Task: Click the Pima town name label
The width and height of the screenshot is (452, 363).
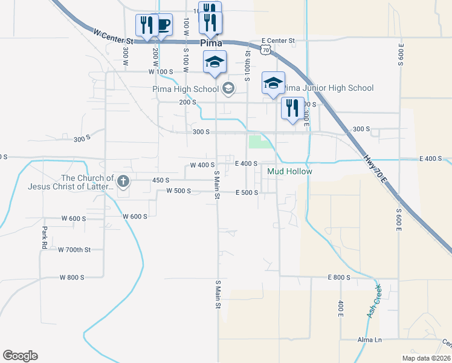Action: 211,44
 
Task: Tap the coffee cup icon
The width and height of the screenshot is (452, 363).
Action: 163,25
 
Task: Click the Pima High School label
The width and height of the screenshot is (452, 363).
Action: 185,90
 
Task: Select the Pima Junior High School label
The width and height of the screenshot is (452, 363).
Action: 329,88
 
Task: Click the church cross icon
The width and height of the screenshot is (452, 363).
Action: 123,180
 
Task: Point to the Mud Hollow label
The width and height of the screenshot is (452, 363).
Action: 290,172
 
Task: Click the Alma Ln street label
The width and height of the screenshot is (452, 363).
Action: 370,340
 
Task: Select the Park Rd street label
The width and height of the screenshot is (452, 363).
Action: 44,238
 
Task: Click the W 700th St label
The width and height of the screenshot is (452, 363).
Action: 74,249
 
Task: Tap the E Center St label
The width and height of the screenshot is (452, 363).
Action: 278,42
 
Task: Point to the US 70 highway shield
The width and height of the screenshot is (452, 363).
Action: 266,51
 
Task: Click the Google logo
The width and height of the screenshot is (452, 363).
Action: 20,356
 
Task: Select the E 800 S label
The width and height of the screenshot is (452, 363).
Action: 339,277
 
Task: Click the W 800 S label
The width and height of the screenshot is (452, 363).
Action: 72,277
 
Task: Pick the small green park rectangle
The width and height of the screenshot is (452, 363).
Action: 260,142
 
